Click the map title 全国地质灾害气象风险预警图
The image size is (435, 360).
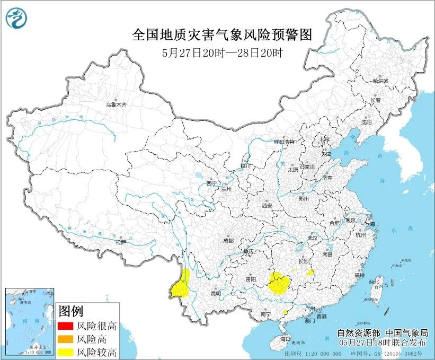[x=222, y=35]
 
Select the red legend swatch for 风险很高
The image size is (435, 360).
[x=65, y=326]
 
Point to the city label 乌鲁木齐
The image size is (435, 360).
[x=117, y=105]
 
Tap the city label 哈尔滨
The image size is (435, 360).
[x=380, y=81]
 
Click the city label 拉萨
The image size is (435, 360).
[x=121, y=242]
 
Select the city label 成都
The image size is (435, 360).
[x=228, y=240]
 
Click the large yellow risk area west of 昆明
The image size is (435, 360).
[x=182, y=286]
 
